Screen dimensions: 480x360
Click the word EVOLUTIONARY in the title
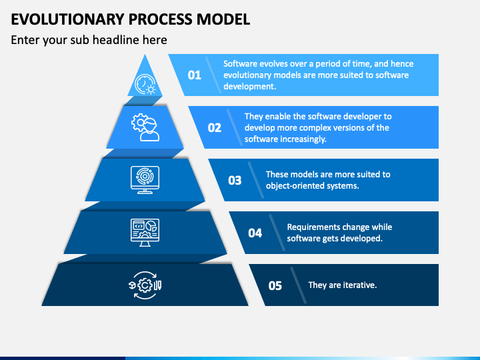click(67, 19)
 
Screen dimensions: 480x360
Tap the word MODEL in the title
click(223, 19)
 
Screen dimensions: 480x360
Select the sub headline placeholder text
click(89, 40)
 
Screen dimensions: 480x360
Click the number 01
click(195, 75)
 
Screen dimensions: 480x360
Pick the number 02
click(214, 127)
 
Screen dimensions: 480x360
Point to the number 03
click(235, 180)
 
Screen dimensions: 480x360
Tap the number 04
click(255, 233)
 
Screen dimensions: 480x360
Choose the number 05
click(275, 285)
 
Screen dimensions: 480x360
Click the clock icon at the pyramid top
click(145, 84)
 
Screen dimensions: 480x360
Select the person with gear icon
click(145, 127)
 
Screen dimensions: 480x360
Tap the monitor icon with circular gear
click(145, 180)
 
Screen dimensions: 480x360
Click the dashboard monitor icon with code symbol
click(145, 233)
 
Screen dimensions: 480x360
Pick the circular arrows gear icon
click(145, 285)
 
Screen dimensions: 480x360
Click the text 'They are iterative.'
click(342, 285)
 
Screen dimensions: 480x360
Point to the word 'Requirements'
click(312, 227)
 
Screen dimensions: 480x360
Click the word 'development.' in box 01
click(249, 86)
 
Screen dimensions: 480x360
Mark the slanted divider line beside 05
click(299, 285)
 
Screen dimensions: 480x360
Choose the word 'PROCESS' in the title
click(160, 19)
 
